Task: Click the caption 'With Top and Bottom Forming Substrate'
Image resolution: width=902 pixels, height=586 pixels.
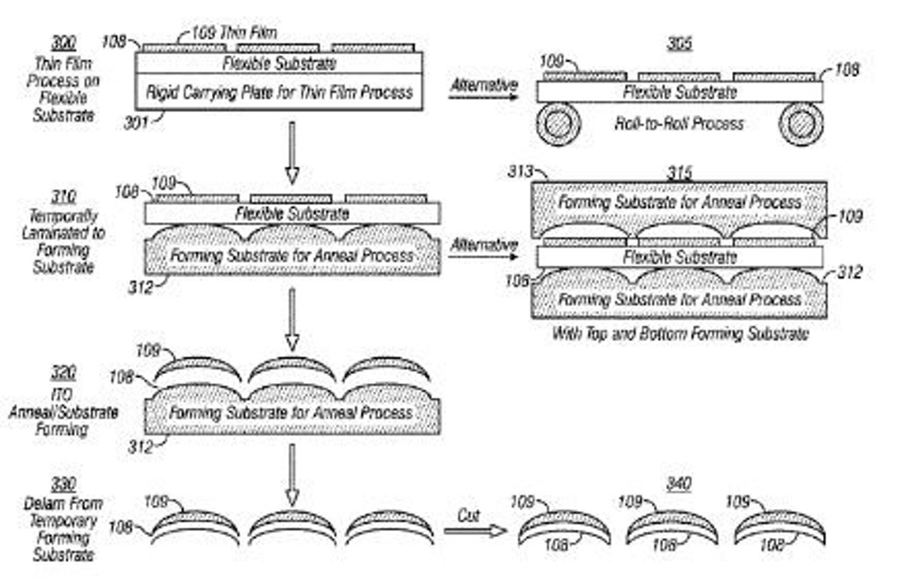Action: (679, 334)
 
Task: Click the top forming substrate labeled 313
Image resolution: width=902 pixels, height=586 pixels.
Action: (679, 203)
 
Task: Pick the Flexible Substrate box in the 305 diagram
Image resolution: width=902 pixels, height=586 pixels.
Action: (679, 92)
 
